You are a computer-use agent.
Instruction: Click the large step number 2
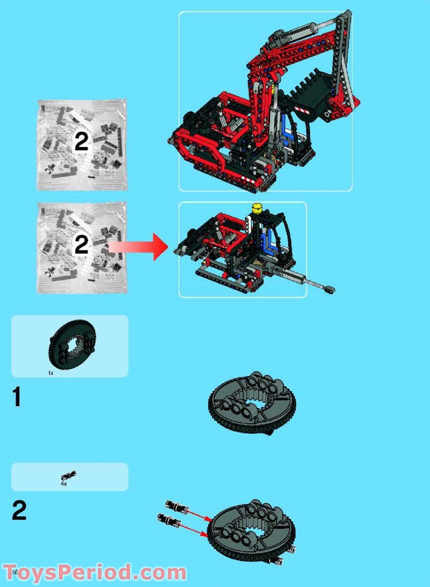tap(19, 510)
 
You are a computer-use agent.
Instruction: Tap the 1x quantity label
tap(51, 373)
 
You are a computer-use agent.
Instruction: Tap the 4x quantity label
tap(64, 484)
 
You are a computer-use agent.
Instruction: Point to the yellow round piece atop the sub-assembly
tap(257, 208)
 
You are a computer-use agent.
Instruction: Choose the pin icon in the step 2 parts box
tap(69, 475)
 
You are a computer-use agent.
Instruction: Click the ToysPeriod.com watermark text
tap(94, 573)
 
